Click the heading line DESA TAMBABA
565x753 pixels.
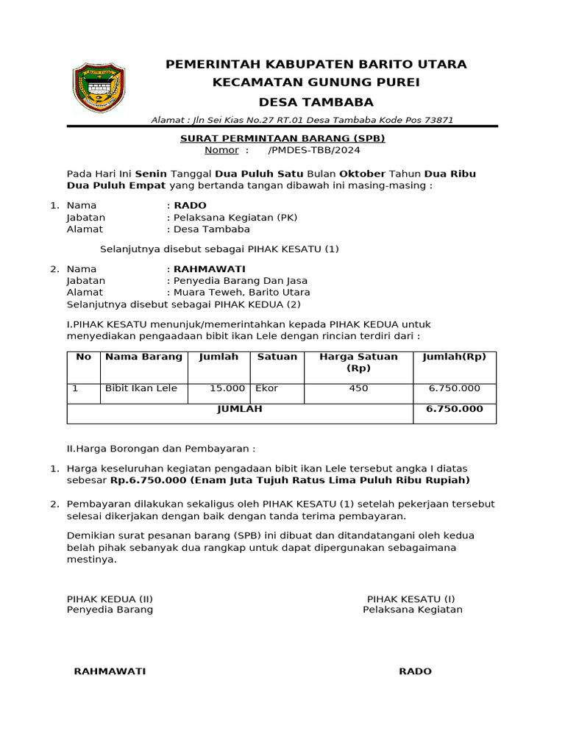[316, 101]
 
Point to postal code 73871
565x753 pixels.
[438, 120]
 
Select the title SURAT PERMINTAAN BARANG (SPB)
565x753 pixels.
[282, 138]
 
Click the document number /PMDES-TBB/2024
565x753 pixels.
[314, 150]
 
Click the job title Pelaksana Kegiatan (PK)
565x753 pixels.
[235, 218]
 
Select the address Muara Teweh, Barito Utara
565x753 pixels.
[241, 292]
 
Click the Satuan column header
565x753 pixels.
[277, 357]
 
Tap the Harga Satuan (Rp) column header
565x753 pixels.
[358, 362]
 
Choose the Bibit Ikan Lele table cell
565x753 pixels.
[141, 388]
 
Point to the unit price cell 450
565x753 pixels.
[358, 388]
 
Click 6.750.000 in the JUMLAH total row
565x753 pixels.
[454, 409]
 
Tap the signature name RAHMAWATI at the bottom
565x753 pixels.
[110, 671]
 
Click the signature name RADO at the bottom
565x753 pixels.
[415, 671]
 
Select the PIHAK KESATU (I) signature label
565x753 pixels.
[411, 599]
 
